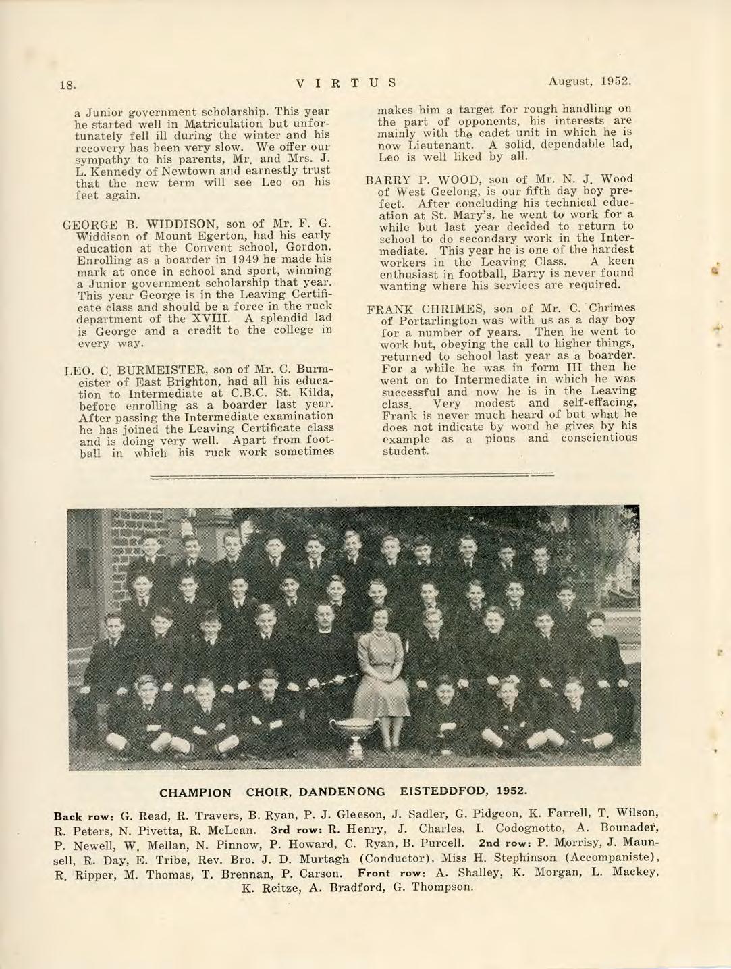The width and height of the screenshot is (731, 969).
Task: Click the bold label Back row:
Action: point(84,814)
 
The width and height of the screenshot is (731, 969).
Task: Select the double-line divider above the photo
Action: point(352,475)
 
